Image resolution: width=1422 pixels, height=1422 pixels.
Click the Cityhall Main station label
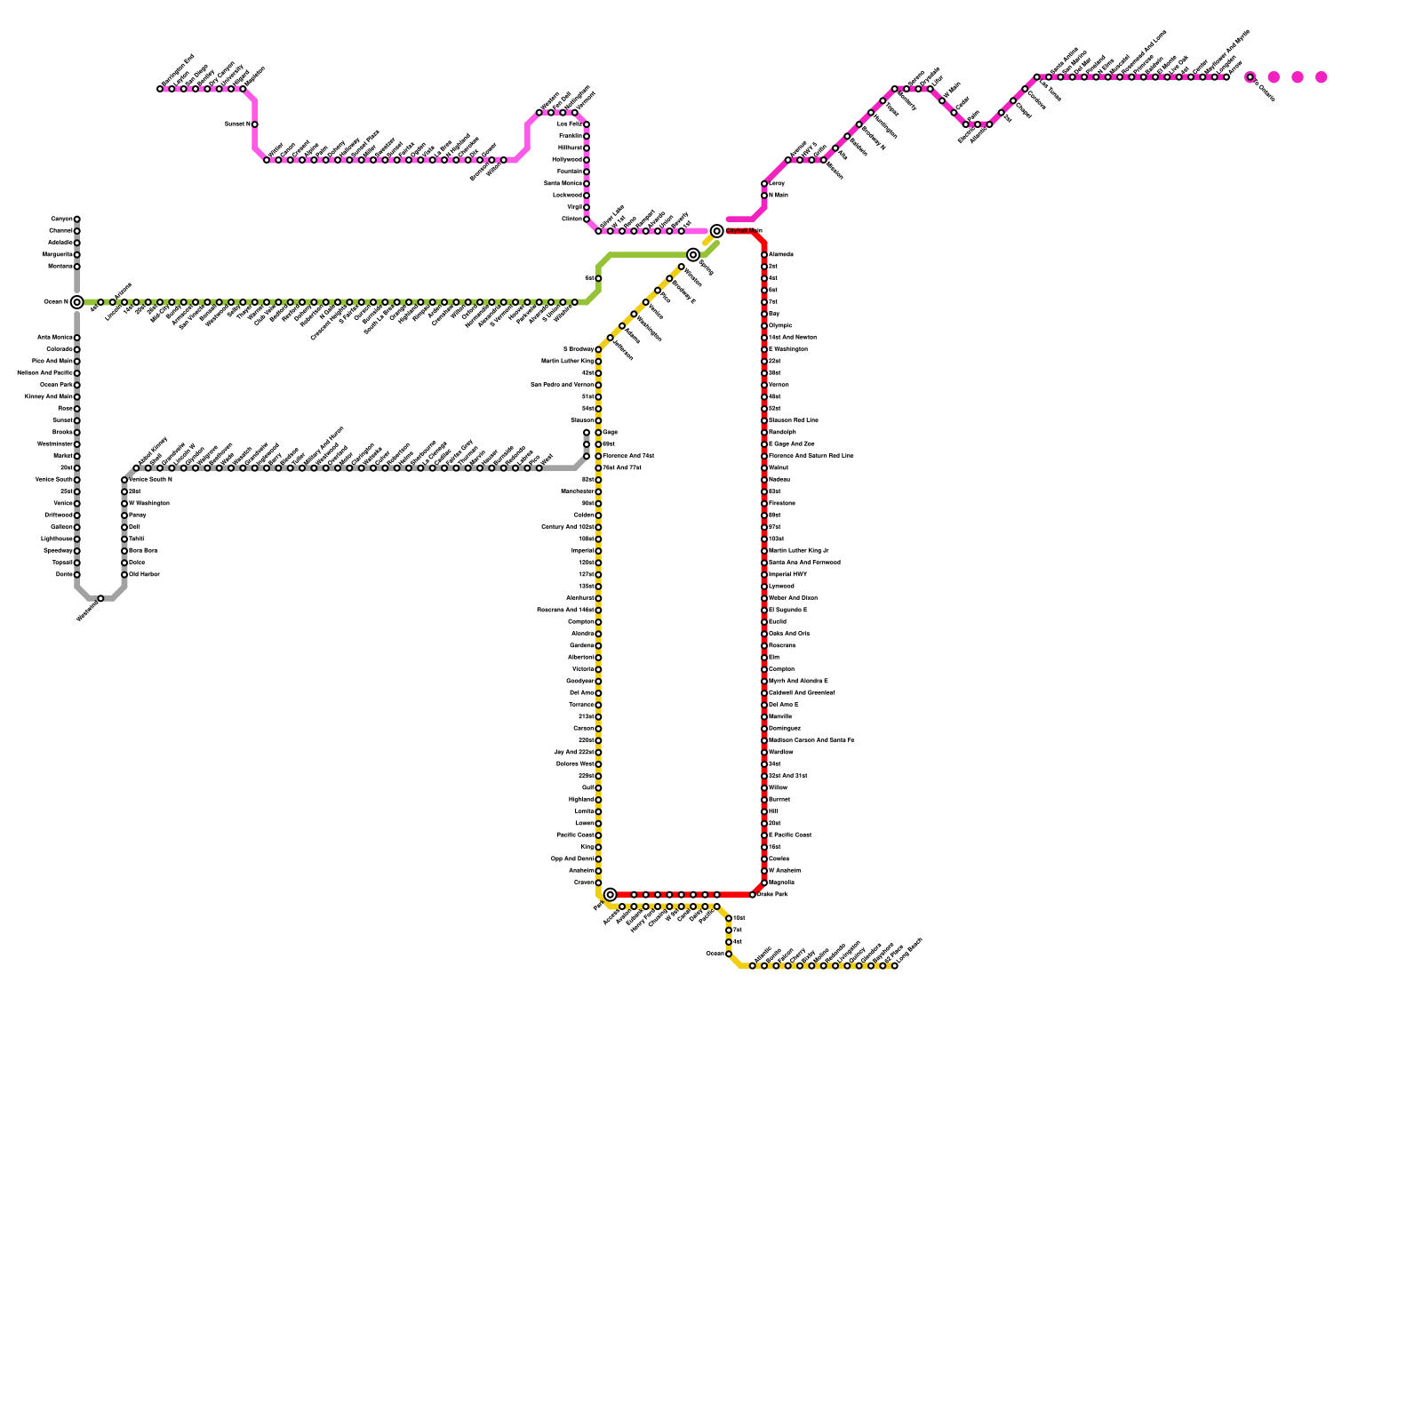744,231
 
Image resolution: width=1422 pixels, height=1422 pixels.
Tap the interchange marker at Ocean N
77,302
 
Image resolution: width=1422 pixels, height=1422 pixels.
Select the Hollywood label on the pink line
567,160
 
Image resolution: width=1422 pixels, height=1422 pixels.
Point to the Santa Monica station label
563,183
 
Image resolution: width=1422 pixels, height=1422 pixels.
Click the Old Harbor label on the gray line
144,575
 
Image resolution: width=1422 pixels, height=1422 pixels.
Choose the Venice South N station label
150,480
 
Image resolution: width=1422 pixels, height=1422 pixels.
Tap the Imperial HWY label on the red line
787,575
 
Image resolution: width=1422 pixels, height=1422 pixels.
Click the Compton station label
781,669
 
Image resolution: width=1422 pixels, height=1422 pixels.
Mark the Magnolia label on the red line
781,883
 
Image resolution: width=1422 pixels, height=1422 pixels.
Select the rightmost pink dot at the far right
1322,77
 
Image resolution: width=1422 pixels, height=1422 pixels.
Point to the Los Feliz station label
570,124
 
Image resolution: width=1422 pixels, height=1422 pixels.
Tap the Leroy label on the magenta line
777,184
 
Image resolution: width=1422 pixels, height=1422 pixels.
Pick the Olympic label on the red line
780,326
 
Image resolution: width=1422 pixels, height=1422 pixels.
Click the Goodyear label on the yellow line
580,682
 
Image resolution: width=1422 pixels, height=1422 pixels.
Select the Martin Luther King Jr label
798,551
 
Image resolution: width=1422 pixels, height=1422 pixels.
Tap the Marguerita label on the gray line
59,255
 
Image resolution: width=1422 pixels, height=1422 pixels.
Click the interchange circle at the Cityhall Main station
717,231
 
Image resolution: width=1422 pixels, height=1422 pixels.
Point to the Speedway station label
57,551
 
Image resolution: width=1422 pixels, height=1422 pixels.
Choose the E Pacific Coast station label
789,835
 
